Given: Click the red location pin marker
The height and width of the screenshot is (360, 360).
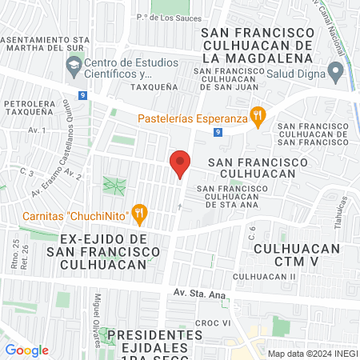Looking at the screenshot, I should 180,164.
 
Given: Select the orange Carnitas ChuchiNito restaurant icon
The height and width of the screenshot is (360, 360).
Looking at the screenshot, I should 140,214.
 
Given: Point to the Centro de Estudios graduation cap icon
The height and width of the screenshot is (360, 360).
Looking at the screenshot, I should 74,62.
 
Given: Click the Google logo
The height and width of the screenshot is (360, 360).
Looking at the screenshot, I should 26,350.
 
